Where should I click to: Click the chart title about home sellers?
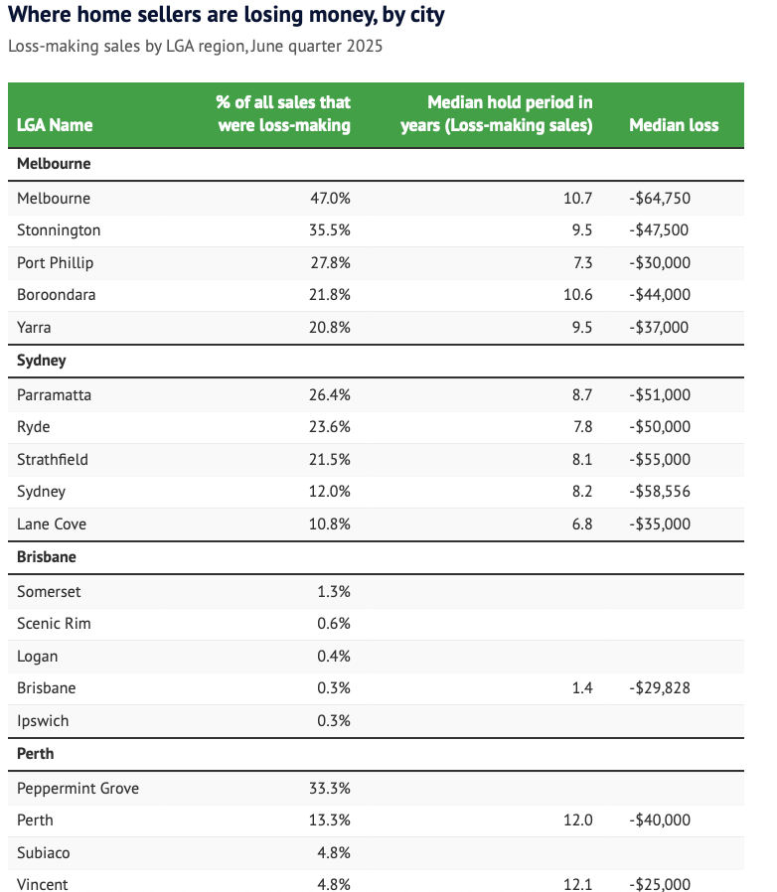point(226,15)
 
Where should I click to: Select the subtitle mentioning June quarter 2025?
point(196,46)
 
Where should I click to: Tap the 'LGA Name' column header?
point(55,125)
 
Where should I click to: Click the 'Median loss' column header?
point(674,125)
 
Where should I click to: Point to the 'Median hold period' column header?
point(497,114)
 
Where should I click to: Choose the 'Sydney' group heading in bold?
point(42,361)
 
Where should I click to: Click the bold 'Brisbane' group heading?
point(47,557)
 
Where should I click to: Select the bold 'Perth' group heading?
point(36,754)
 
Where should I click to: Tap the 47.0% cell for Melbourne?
point(330,199)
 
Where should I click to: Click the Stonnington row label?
point(59,230)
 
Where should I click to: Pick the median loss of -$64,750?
point(660,199)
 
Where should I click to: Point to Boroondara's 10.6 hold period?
point(577,295)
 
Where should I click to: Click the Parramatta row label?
point(54,394)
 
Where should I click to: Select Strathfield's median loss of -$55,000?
point(660,460)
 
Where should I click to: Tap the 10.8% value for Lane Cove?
point(330,523)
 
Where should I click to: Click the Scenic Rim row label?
point(54,624)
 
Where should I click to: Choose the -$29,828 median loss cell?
point(660,688)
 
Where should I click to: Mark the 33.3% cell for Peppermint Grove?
point(330,789)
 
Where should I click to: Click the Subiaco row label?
point(44,852)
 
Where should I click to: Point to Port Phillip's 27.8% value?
point(330,263)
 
